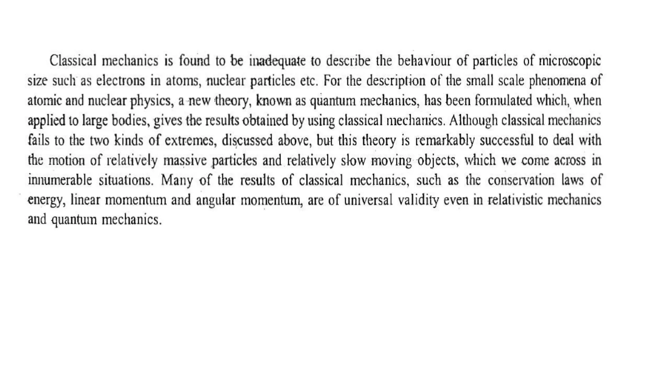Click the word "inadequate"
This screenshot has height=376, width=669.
[x=277, y=61]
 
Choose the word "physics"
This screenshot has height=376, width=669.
[x=151, y=101]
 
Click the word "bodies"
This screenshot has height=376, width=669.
[x=131, y=121]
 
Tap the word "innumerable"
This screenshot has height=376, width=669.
[x=60, y=180]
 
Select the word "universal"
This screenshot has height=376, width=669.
[x=368, y=200]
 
